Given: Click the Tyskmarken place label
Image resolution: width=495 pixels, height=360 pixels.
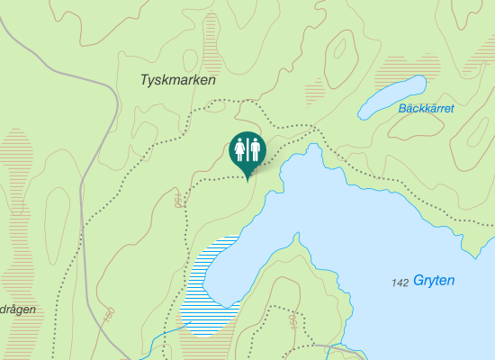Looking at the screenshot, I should tap(178, 80).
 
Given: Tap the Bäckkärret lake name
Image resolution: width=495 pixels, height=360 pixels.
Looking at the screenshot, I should tap(426, 109).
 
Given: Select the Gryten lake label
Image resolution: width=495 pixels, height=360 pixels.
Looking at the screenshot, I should tap(434, 281).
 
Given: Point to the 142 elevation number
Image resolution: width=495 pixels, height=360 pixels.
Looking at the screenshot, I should tap(400, 283).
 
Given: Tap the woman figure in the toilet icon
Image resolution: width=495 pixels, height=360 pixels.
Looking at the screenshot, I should tap(240, 148).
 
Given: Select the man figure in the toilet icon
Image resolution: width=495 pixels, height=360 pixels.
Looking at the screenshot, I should tap(256, 148).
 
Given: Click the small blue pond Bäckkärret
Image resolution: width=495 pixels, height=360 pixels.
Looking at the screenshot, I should tap(392, 97).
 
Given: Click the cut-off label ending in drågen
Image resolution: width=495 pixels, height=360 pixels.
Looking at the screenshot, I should tap(17, 309).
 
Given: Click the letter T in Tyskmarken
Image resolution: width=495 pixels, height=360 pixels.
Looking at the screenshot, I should tap(145, 80).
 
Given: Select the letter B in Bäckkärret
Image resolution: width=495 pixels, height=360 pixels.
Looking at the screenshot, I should tap(401, 109).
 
